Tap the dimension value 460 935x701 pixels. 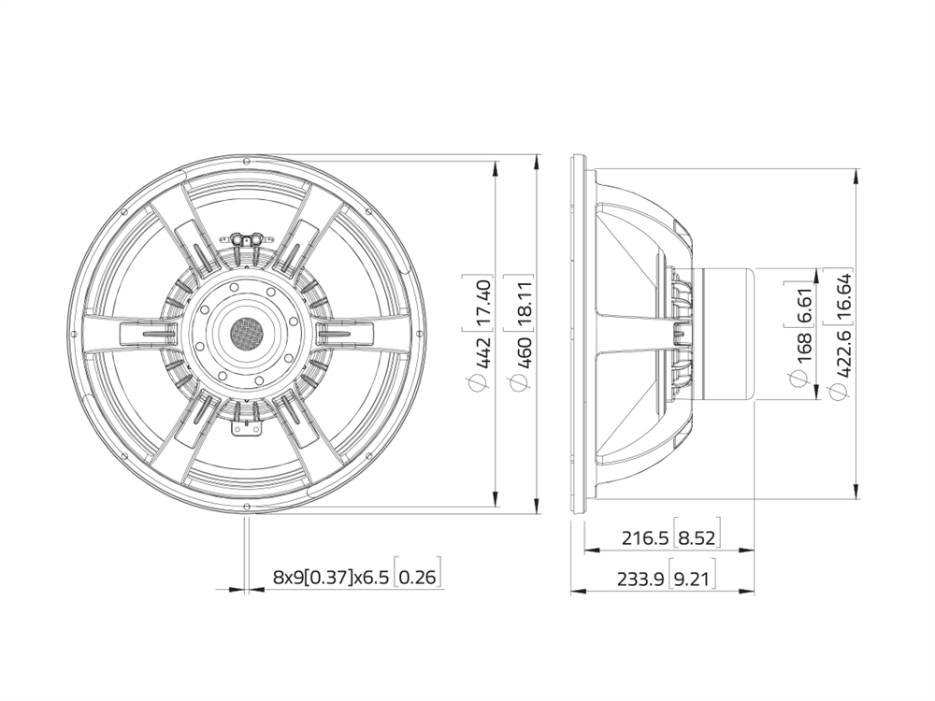tap(524, 352)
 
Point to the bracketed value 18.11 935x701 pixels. tap(524, 300)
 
